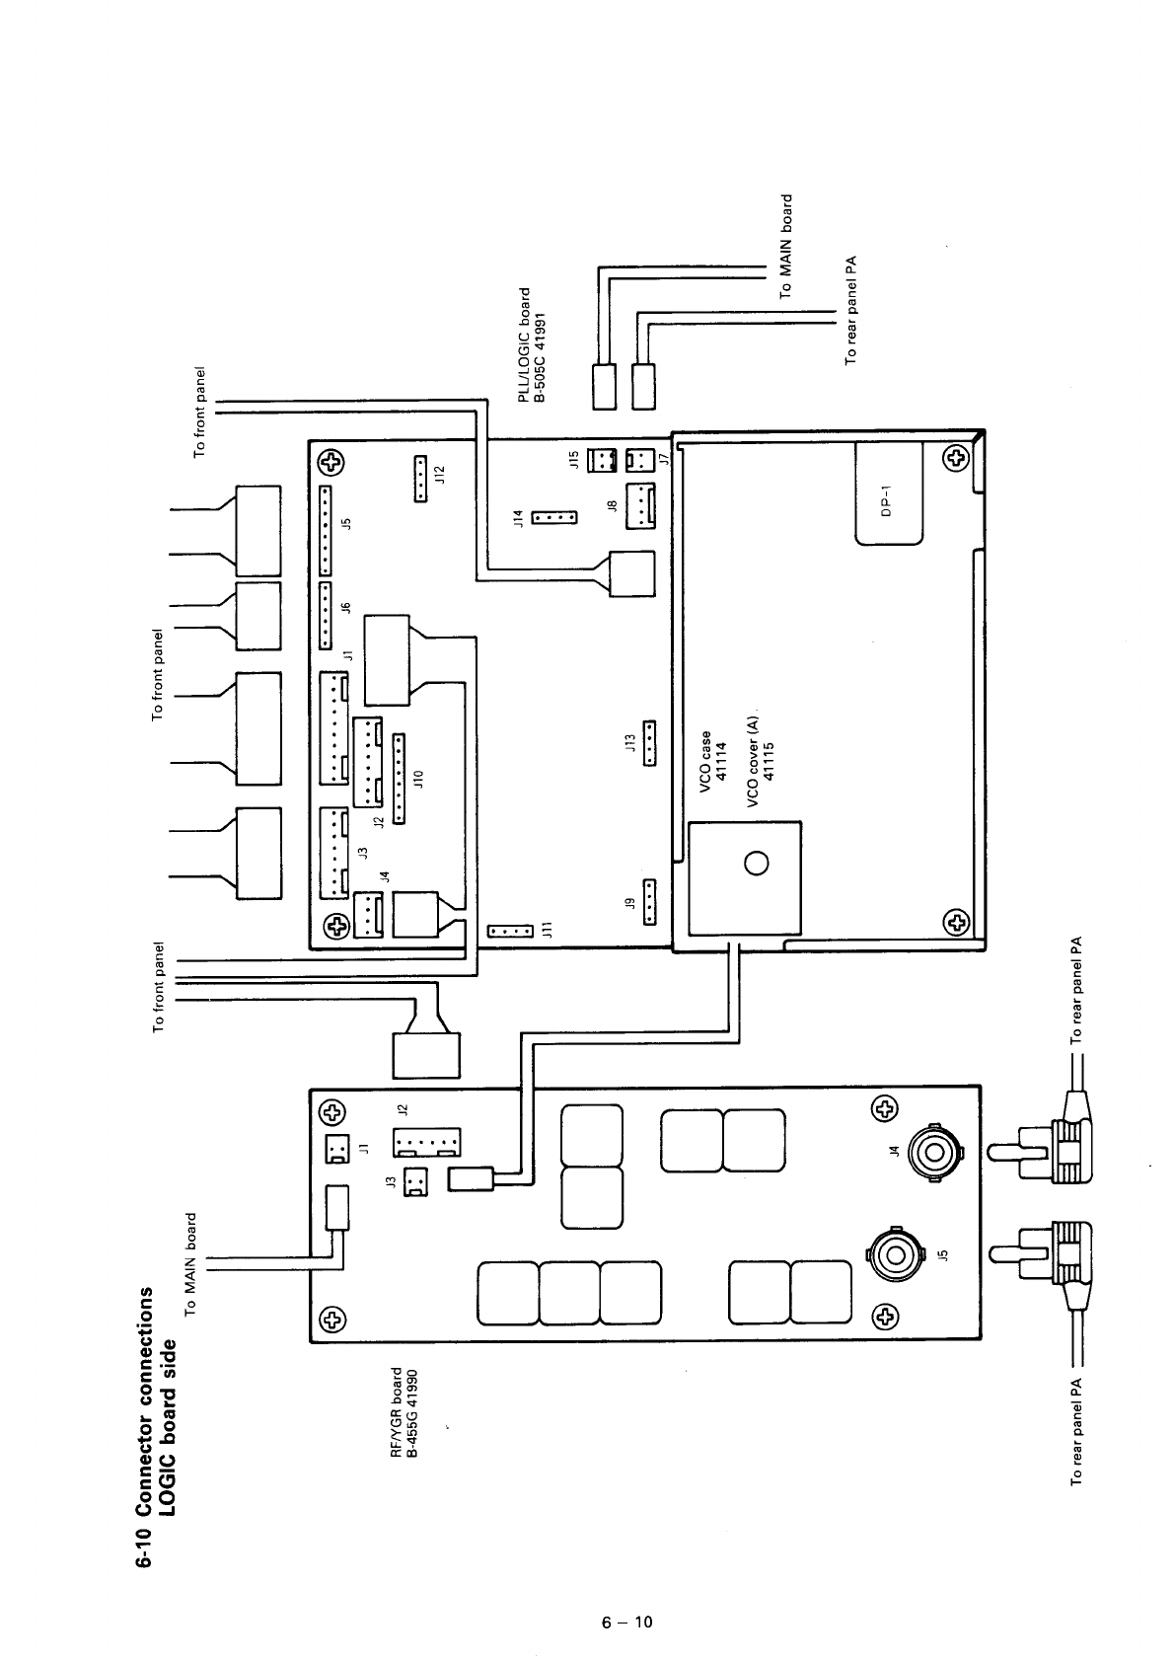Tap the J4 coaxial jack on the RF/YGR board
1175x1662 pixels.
click(932, 1151)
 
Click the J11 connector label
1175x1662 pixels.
click(551, 930)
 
